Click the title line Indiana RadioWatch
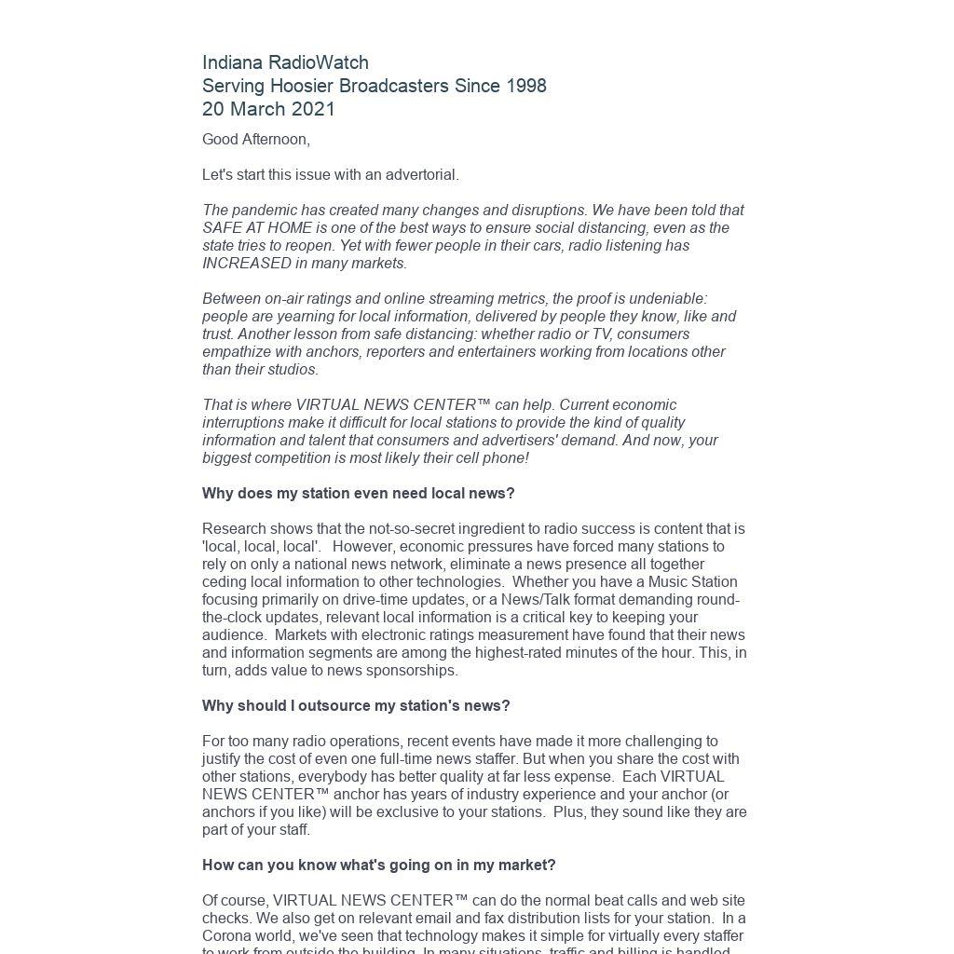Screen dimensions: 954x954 tap(285, 62)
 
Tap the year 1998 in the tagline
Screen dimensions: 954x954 tap(525, 86)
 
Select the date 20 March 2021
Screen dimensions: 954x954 tap(268, 109)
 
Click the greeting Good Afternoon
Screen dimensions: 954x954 tap(255, 140)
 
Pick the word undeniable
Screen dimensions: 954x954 tap(665, 299)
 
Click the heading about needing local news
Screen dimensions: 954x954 tap(358, 494)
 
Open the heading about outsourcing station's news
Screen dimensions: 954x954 tap(356, 706)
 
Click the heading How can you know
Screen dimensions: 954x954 tap(378, 865)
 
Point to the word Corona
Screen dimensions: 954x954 tap(226, 936)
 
